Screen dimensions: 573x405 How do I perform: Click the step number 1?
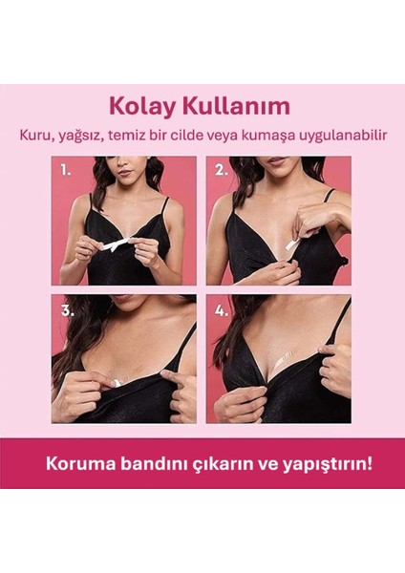[x=65, y=173]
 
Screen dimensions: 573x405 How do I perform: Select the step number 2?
[x=221, y=173]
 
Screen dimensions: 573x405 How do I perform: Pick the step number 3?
[x=65, y=310]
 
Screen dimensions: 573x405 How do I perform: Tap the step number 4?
[x=221, y=310]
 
